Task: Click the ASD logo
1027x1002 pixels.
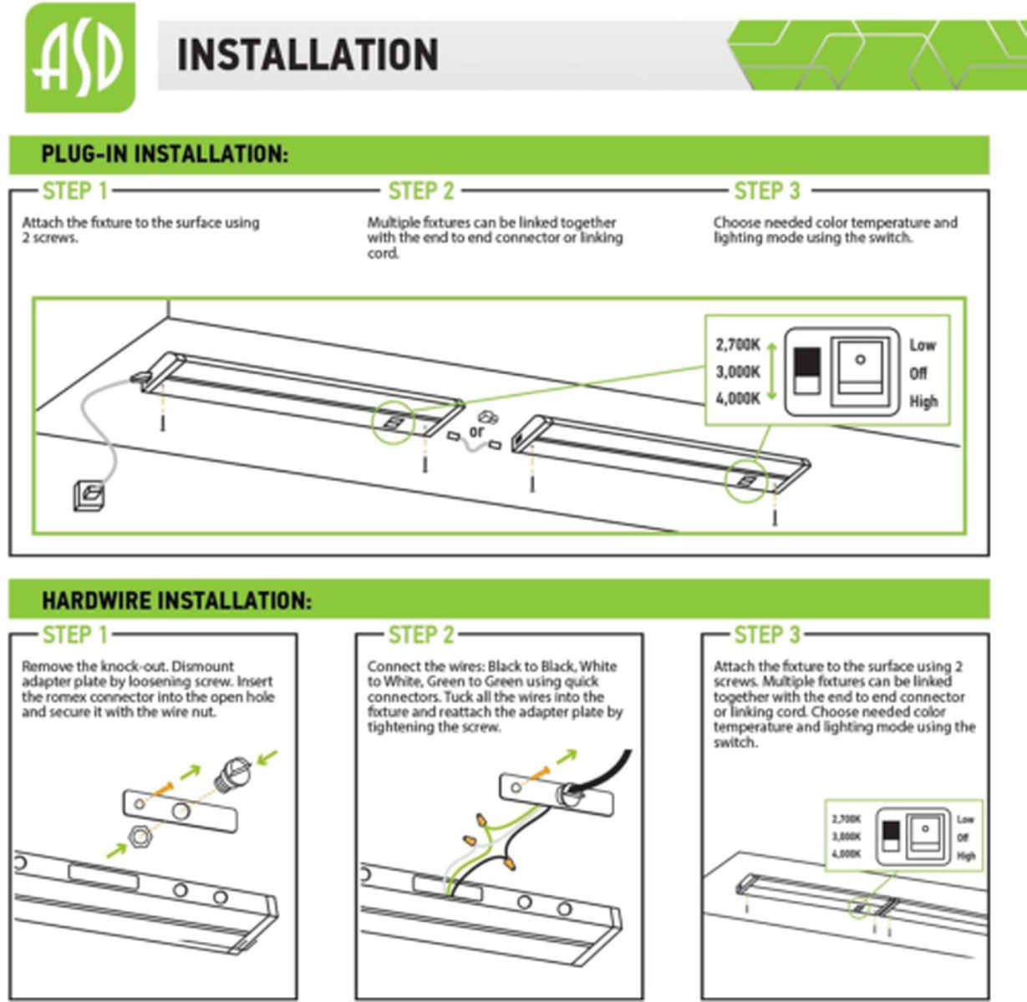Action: (80, 58)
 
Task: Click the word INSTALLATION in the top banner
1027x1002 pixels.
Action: (308, 55)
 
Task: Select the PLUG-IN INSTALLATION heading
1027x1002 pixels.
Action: (165, 154)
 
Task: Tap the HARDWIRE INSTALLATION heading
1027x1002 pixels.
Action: (177, 600)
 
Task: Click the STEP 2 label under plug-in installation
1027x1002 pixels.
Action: (421, 191)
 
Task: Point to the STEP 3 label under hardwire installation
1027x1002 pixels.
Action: (767, 635)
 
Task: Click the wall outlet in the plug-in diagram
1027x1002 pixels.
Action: (89, 496)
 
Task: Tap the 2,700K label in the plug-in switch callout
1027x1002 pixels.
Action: (738, 345)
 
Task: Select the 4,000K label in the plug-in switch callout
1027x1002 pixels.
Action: (738, 398)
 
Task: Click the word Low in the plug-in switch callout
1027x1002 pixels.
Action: (923, 346)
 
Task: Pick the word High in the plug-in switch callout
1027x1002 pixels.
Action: (923, 402)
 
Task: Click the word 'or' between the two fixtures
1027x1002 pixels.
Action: (476, 432)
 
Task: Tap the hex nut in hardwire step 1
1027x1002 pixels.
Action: (140, 838)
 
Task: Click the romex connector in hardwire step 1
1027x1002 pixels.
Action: (232, 774)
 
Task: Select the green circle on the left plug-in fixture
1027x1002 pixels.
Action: (393, 422)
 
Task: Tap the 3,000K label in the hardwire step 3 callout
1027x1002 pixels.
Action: (846, 837)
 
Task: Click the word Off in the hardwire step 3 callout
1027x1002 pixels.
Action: (963, 838)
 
